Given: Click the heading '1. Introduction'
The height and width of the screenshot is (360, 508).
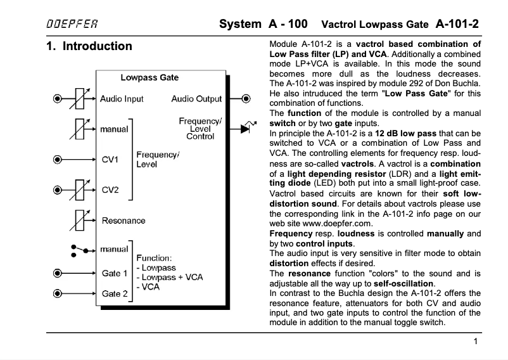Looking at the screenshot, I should [x=89, y=46].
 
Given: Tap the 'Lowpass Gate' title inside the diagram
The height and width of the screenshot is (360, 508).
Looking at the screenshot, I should [x=149, y=78].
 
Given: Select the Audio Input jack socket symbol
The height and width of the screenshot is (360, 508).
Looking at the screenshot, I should [x=58, y=99].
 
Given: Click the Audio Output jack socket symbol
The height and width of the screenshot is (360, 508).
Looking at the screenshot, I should [x=247, y=99].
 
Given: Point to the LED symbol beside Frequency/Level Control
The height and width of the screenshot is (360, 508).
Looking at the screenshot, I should [x=247, y=128].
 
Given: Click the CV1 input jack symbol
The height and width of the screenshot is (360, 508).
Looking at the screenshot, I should [x=58, y=160].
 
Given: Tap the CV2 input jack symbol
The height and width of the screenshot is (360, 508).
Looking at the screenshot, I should [x=58, y=188].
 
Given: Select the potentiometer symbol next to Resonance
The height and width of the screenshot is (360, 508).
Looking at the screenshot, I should [x=80, y=220].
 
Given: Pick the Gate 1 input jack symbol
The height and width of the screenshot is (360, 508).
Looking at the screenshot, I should [x=58, y=273].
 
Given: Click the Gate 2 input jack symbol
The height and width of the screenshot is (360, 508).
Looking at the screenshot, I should [x=58, y=293].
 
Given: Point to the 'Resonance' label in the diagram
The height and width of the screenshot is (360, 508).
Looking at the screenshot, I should [x=124, y=221].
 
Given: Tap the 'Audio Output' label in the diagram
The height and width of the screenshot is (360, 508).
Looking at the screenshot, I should [x=196, y=99].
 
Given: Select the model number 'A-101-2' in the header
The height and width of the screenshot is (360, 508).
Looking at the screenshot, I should [x=457, y=25].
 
